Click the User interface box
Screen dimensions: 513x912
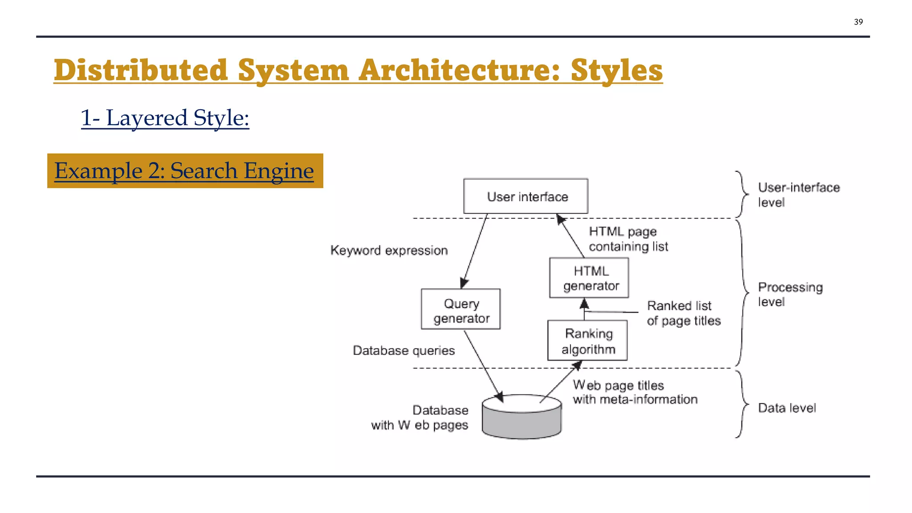(x=525, y=196)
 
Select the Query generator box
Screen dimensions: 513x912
(x=461, y=309)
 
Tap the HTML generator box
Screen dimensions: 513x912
(x=589, y=278)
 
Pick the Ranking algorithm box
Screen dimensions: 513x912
(x=587, y=341)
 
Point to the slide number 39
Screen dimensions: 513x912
(x=858, y=22)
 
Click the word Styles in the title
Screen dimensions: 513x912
(x=616, y=70)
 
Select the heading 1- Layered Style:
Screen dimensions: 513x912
(x=165, y=118)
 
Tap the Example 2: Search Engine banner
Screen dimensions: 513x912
(x=185, y=171)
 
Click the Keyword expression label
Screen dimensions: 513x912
(x=389, y=250)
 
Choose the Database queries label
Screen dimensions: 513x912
(x=403, y=350)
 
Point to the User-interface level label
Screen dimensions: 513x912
(x=798, y=195)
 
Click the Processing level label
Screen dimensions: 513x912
(x=790, y=294)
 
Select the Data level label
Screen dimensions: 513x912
(x=787, y=408)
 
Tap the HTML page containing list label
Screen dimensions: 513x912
(x=628, y=239)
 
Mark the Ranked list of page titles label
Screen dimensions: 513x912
(x=684, y=313)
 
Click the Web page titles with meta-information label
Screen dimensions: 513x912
(x=635, y=392)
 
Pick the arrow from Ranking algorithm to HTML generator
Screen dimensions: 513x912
(x=584, y=310)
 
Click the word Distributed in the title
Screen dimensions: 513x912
(x=141, y=70)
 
